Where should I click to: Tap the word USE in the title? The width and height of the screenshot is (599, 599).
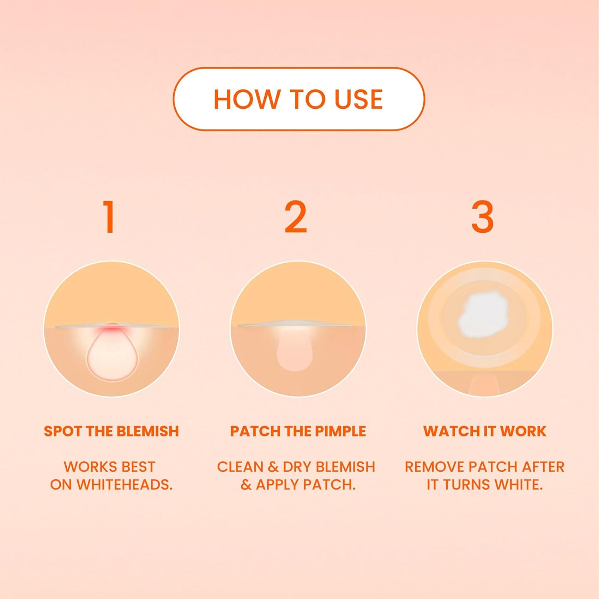tap(359, 99)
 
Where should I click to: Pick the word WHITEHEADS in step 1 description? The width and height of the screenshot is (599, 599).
tap(124, 484)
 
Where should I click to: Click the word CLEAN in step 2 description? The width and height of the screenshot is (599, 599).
tap(240, 466)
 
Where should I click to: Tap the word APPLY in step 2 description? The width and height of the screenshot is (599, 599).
tap(278, 484)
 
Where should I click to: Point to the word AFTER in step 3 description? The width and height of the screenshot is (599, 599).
tap(544, 466)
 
